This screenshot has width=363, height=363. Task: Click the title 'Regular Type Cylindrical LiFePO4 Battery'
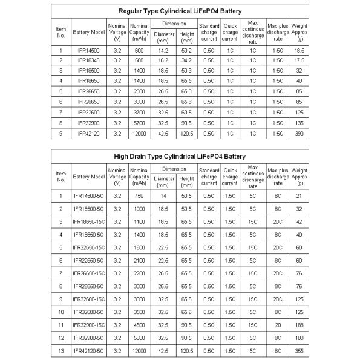180,11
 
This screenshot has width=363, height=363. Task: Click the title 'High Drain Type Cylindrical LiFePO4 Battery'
180,156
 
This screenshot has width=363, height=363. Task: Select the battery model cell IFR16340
88,60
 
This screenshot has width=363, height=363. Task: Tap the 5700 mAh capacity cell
139,122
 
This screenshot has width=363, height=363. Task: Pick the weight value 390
299,132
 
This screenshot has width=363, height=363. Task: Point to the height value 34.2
186,60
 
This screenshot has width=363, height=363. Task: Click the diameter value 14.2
163,50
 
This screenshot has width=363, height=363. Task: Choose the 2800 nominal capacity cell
139,91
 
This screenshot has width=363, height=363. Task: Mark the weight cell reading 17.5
299,60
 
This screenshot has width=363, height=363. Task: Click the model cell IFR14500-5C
88,195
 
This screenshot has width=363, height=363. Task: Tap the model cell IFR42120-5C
88,350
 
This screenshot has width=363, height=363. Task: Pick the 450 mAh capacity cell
139,195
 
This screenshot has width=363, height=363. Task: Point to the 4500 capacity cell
139,325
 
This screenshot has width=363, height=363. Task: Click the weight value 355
299,350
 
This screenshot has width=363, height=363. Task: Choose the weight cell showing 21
299,195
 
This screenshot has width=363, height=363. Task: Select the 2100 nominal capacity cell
139,260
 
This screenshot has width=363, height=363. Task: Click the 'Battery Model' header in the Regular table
88,32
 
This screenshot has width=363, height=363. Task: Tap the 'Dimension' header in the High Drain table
174,169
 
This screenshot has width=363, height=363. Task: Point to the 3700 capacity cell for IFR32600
139,112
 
